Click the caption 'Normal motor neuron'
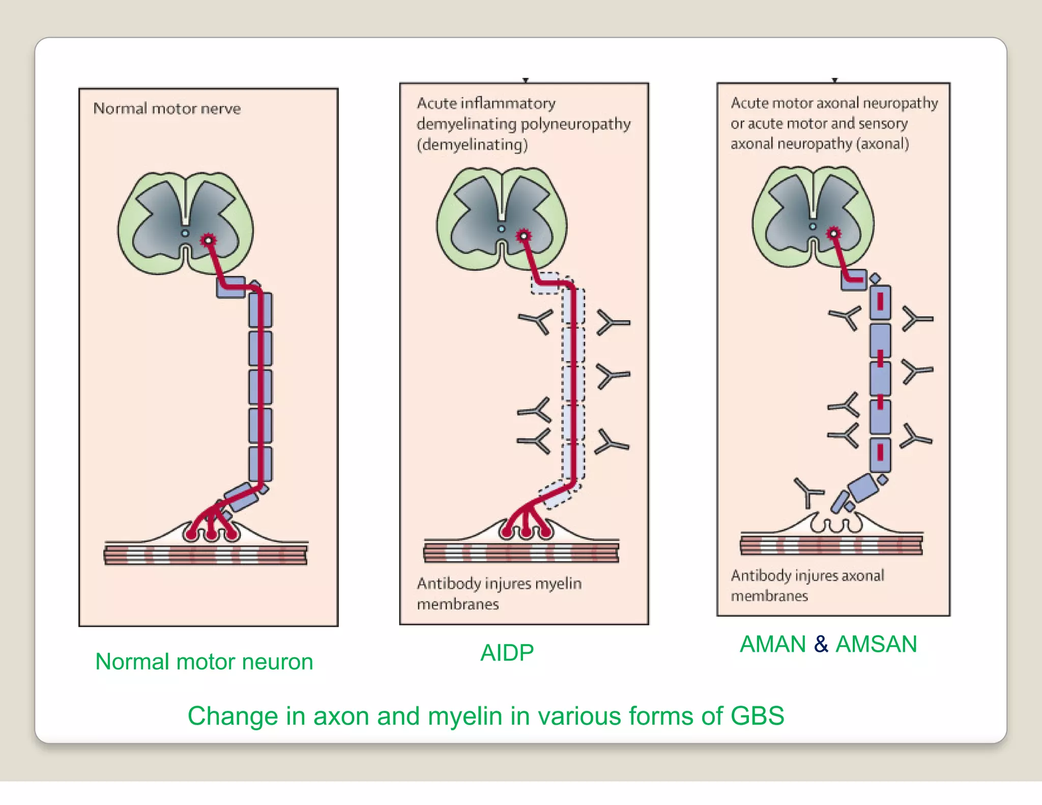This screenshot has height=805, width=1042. pos(204,662)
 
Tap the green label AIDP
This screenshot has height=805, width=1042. pos(507,653)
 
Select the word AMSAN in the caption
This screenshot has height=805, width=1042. pos(876,644)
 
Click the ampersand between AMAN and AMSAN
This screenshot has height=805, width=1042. pos(821,644)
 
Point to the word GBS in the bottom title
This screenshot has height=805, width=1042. pos(757,716)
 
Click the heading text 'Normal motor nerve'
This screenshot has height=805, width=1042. pos(167,108)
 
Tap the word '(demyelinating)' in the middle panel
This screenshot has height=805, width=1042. pos(472,145)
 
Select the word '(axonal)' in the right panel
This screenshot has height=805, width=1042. pos(883,144)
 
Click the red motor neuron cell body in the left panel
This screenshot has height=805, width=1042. pos(208,240)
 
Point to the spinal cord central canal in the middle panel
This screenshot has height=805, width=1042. pos(501,229)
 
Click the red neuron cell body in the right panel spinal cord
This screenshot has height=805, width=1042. pos(833,234)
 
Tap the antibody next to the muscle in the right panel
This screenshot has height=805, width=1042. pos(808,492)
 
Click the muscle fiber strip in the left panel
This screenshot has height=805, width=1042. pos(206,555)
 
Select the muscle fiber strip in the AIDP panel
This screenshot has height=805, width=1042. pos(521,552)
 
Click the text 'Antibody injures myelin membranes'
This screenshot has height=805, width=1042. pos(499,593)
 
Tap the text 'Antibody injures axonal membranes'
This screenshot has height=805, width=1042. pos(807,585)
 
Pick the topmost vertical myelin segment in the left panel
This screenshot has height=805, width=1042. pos(260,309)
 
